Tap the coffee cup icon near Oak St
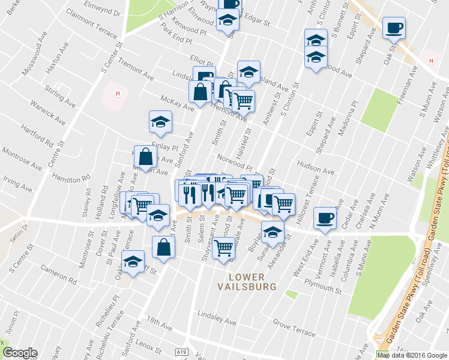[394, 28]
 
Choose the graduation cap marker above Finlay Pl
[160, 122]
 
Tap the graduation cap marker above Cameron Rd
[133, 261]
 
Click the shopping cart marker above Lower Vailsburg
[224, 247]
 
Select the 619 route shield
[182, 351]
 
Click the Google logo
[20, 353]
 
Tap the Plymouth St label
[323, 283]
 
